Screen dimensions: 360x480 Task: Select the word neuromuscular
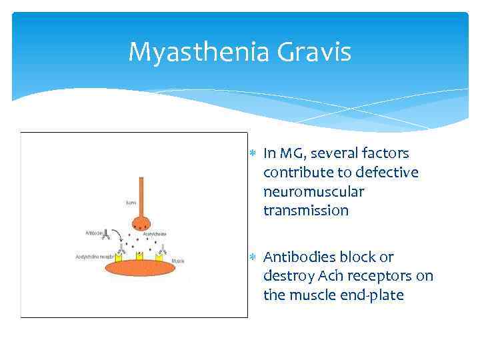click(x=313, y=192)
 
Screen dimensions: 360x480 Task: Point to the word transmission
click(x=306, y=211)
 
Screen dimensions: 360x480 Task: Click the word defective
click(x=387, y=173)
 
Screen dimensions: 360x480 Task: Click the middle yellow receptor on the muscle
click(x=140, y=257)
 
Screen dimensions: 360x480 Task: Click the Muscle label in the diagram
click(x=178, y=261)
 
